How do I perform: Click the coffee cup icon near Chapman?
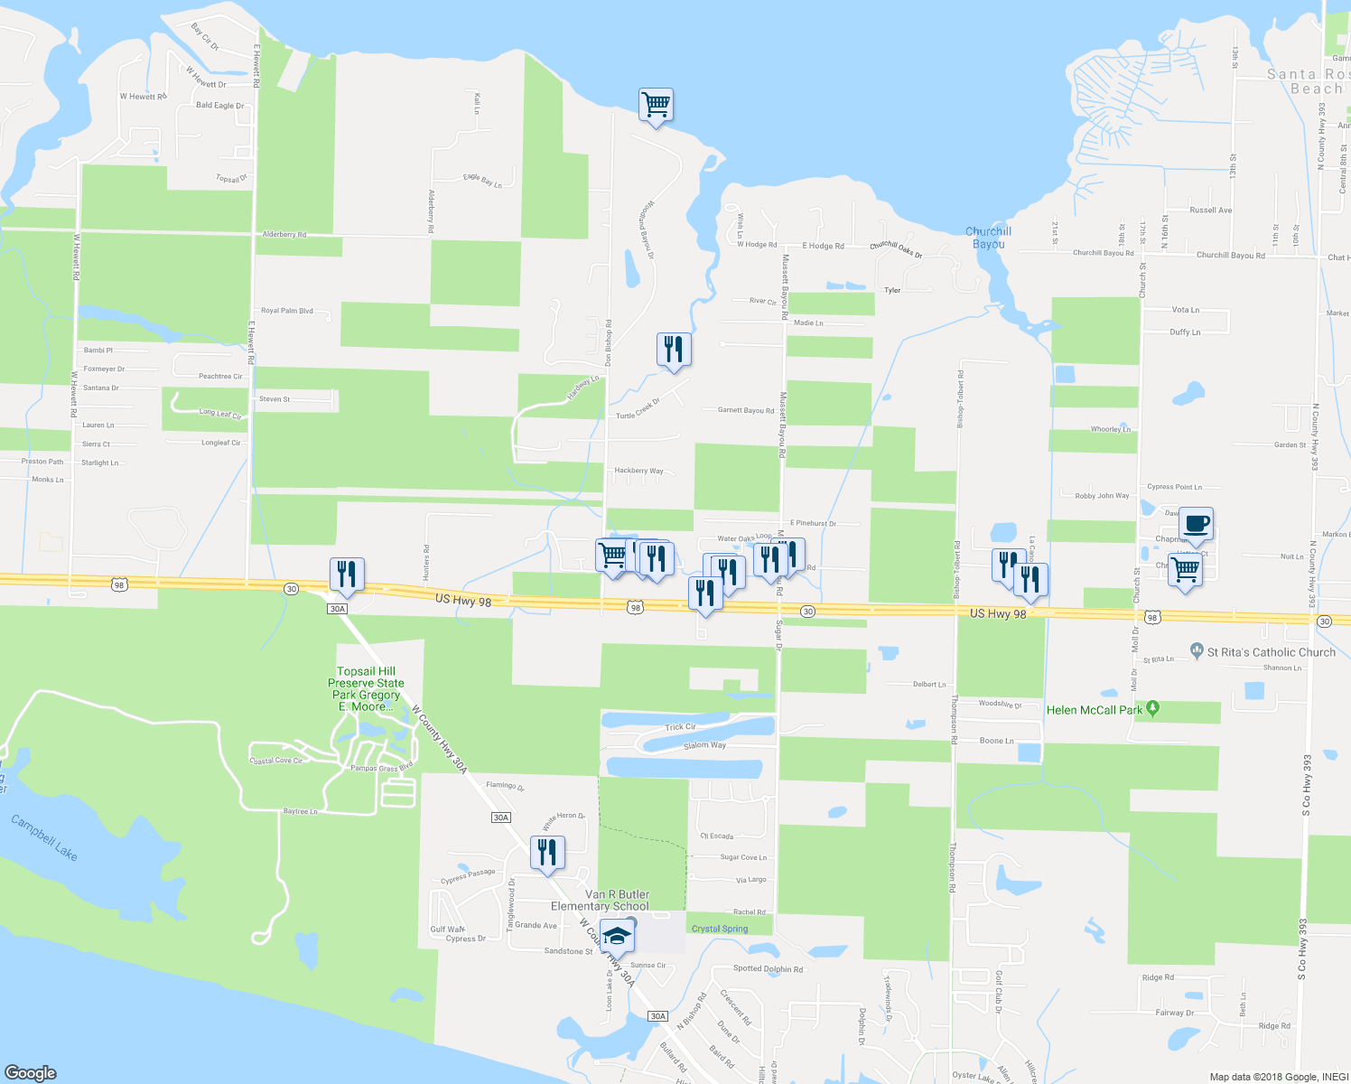pos(1196,523)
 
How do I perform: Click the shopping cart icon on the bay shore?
pos(656,104)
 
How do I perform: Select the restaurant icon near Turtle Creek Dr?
pos(674,348)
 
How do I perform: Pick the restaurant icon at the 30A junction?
pos(347,573)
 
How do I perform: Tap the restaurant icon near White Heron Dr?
pos(547,852)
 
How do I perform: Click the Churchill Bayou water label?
pos(988,238)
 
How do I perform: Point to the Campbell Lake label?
pos(44,837)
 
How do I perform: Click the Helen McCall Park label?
pos(1095,710)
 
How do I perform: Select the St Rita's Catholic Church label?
pos(1271,652)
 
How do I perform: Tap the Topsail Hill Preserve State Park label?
pos(366,688)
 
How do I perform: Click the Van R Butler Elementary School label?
pos(601,900)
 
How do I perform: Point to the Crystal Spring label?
pos(720,929)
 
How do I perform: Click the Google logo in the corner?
pos(31,1072)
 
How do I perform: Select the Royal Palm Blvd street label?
pos(287,311)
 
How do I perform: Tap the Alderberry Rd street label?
pos(284,235)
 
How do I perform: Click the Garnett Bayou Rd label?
pos(746,410)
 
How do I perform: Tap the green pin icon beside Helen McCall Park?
pos(1152,709)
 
